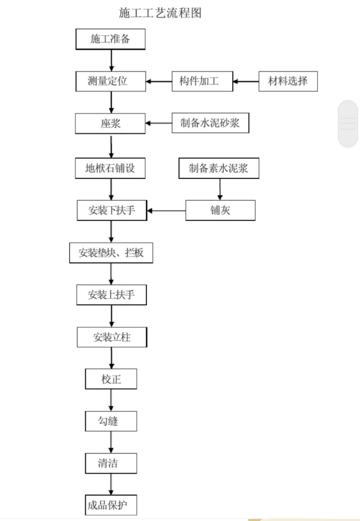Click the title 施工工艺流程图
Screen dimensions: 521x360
point(160,13)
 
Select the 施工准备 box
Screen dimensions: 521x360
point(110,39)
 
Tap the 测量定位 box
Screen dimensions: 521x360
point(110,81)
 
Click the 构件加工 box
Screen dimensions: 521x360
point(202,81)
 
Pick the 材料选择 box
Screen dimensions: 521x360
point(288,81)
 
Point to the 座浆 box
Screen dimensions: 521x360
point(110,124)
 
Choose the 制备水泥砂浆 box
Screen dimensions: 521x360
point(210,123)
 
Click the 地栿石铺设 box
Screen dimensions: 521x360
point(110,168)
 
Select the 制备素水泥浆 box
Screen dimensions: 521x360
point(219,168)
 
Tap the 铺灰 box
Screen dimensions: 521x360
point(220,210)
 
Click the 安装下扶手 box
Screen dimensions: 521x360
point(112,210)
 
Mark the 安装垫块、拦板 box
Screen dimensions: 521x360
point(111,253)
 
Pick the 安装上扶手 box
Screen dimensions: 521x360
point(112,295)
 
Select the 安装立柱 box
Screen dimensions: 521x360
point(112,337)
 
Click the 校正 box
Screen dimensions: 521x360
point(111,379)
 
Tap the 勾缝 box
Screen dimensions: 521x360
point(111,421)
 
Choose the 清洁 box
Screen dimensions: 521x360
point(111,463)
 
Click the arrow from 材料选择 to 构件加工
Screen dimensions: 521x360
point(246,81)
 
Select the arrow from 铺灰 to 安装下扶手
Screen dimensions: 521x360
point(166,210)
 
